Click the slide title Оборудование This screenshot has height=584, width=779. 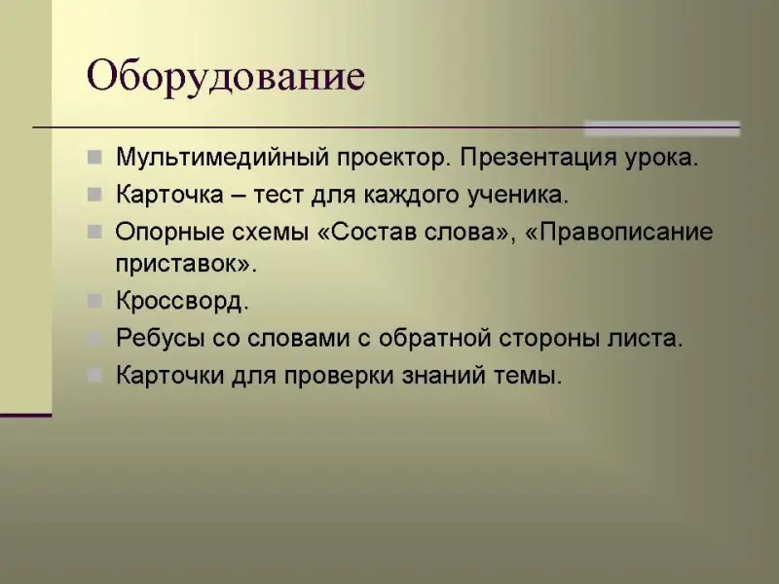pos(226,77)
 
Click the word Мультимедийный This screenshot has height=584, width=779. pos(223,158)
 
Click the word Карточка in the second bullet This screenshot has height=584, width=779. pos(169,194)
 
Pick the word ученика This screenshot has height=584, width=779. pos(518,196)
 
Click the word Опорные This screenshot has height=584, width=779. pos(169,233)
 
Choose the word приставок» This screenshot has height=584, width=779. pos(186,264)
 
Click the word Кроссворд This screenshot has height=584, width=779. pos(182,301)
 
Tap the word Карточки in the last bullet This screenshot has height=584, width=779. pos(169,375)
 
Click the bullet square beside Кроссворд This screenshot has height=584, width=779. pos(94,301)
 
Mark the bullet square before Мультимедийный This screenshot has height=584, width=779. pos(94,158)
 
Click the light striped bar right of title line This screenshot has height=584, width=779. pos(662,128)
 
